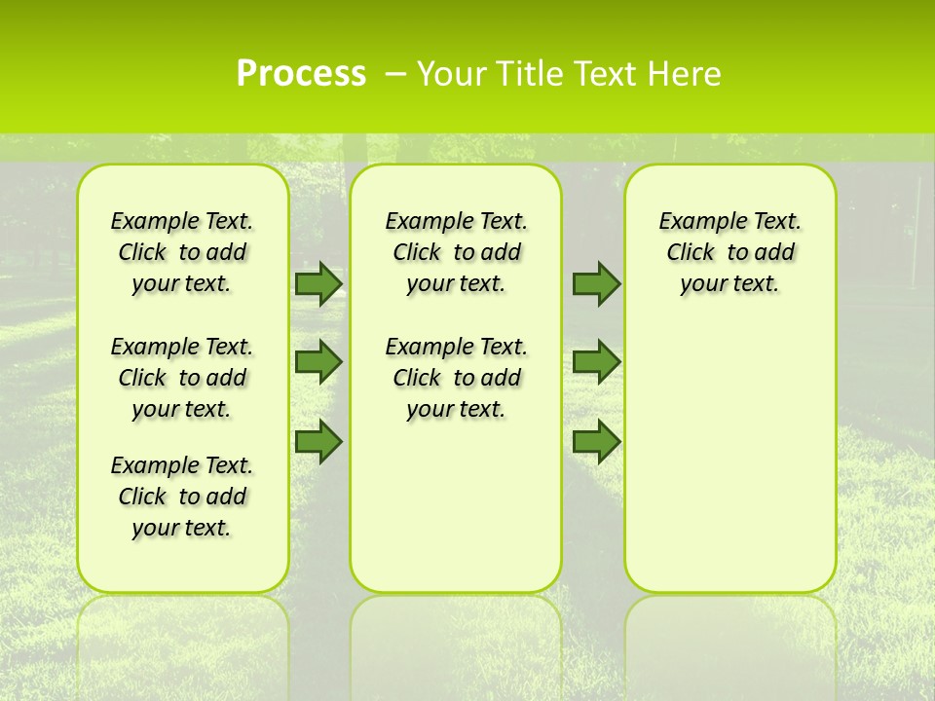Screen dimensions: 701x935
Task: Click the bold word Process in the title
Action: [301, 74]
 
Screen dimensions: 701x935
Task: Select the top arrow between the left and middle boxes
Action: [318, 283]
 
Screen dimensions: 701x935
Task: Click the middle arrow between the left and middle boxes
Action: [318, 362]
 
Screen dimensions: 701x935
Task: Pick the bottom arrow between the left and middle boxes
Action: [318, 442]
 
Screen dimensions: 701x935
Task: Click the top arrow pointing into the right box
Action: [596, 283]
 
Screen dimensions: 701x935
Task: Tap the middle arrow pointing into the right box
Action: [596, 362]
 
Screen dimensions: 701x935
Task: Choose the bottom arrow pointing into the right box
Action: [596, 442]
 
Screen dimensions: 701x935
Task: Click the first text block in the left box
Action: [182, 252]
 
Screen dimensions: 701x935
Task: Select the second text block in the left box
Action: [182, 378]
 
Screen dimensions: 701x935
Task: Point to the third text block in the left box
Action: [182, 497]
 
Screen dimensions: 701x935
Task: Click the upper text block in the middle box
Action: [456, 252]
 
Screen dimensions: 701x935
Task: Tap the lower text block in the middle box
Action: [456, 378]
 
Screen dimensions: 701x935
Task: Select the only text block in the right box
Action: [729, 252]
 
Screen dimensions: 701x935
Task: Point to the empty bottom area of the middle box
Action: [456, 516]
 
